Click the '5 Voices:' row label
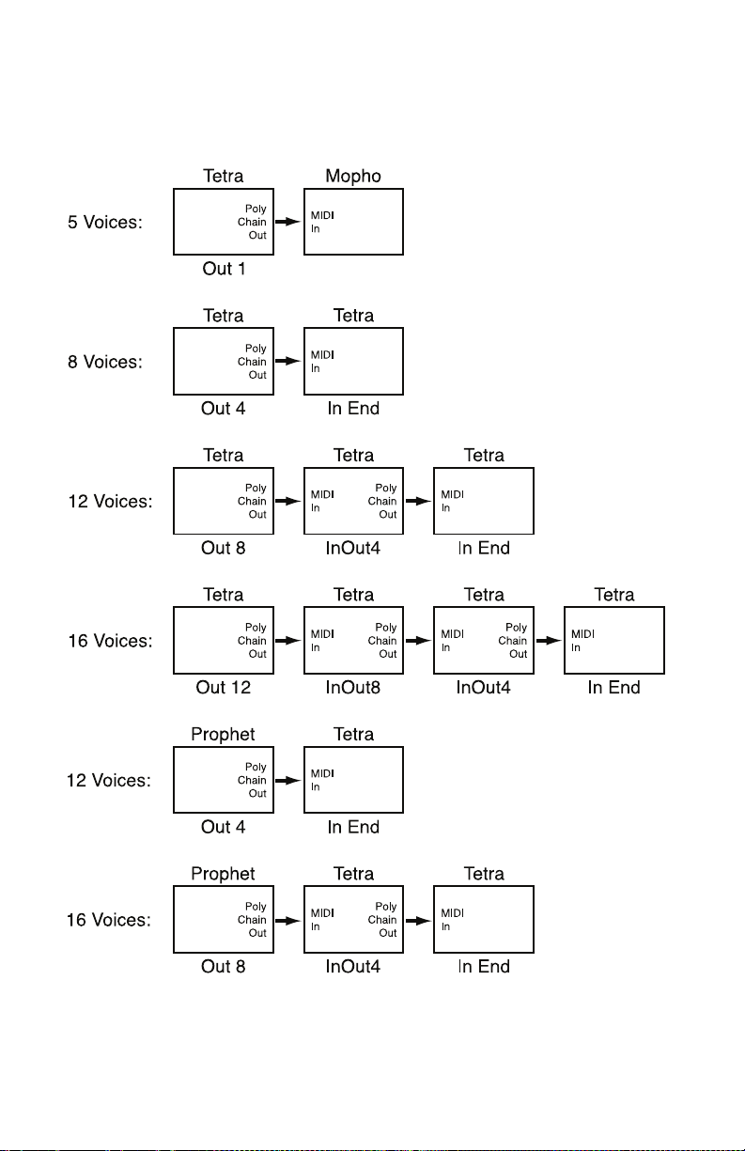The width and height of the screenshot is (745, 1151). [x=105, y=222]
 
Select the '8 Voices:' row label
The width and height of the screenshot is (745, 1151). [x=105, y=362]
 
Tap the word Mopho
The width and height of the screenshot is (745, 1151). [x=353, y=177]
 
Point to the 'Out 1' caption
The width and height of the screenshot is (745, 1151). [x=224, y=269]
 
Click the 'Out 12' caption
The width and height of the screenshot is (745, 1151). [x=224, y=688]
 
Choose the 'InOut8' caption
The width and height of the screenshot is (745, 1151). [x=353, y=688]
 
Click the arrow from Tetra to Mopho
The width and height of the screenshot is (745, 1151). [x=288, y=222]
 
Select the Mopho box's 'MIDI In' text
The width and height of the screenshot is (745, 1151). [x=322, y=222]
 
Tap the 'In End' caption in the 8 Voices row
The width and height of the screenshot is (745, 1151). [x=353, y=409]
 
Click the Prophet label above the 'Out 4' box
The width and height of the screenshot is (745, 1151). [x=223, y=735]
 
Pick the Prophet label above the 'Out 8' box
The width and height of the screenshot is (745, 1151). [x=223, y=874]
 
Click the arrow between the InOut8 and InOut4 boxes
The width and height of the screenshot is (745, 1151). [x=419, y=640]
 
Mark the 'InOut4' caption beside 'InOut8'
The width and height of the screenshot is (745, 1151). [x=484, y=688]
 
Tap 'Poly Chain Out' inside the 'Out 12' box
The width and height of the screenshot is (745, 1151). [x=252, y=641]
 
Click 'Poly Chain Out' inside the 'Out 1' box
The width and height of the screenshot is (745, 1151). [x=252, y=222]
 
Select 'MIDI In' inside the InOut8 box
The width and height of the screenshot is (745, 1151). [x=322, y=641]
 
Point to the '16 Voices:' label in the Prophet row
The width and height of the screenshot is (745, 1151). [x=109, y=920]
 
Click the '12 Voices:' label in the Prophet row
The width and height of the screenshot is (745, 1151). [x=109, y=781]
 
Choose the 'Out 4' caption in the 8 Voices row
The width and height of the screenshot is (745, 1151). [x=224, y=409]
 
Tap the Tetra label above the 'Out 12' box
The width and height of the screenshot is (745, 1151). [x=224, y=595]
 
